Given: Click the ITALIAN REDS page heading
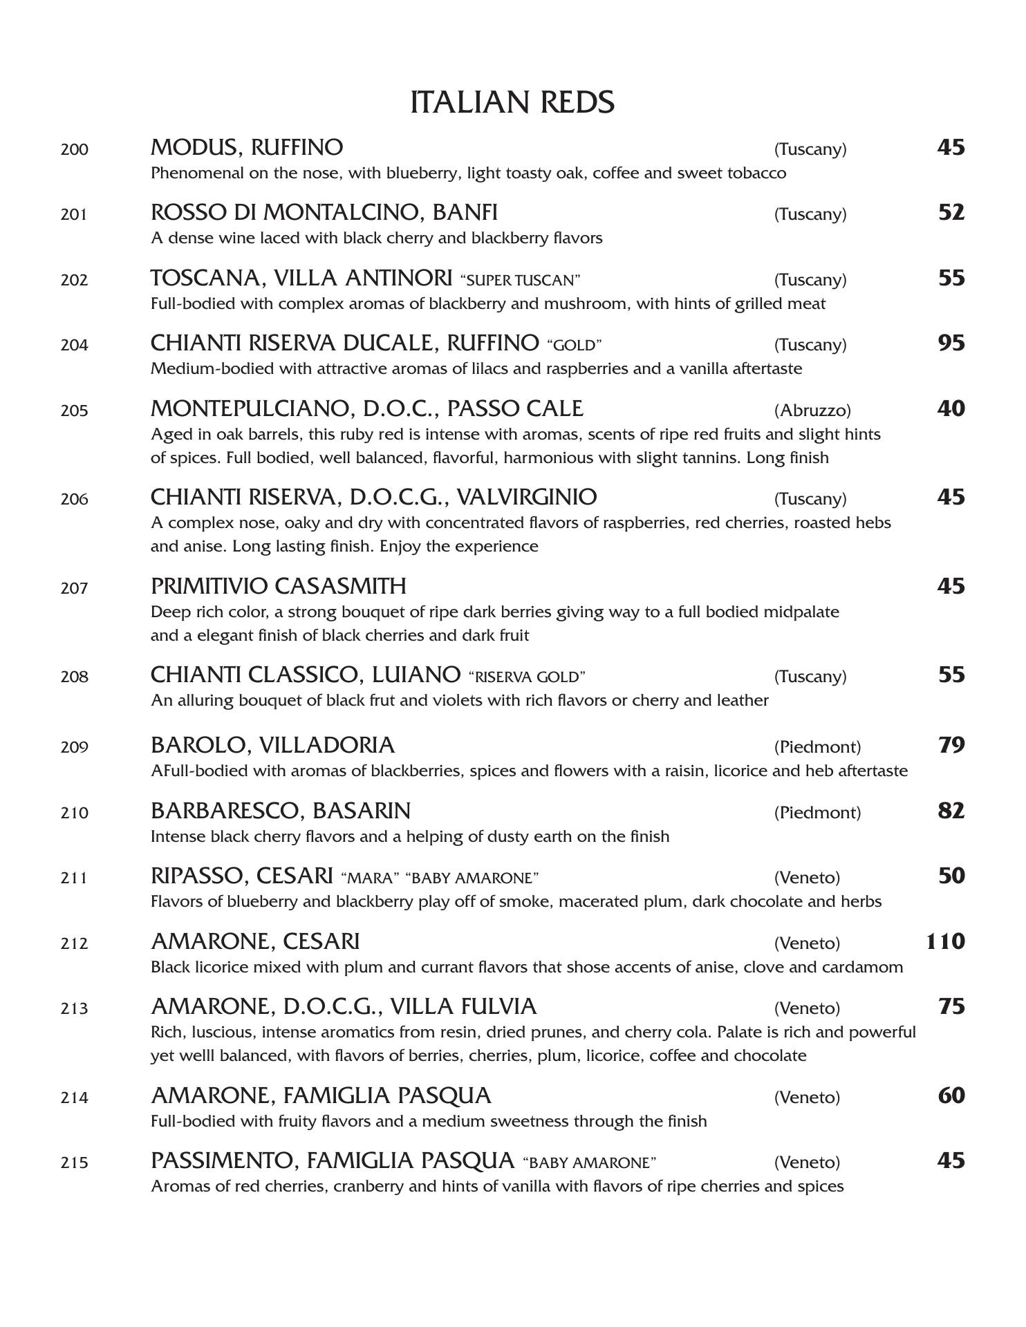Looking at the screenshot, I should [512, 102].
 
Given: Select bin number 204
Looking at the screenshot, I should [74, 345].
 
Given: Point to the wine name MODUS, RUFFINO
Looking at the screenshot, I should [247, 148].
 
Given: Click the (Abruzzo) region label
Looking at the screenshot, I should [812, 411].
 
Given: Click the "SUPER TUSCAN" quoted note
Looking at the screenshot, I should [520, 281].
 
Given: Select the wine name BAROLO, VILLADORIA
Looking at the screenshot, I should [272, 745].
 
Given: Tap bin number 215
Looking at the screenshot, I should [74, 1163].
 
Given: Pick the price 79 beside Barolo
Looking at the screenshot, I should [951, 745].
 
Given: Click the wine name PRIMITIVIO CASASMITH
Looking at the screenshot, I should [279, 586].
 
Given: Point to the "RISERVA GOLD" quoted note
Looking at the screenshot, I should [527, 677].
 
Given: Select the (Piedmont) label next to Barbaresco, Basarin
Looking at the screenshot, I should [817, 813].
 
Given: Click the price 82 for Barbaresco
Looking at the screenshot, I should [951, 811].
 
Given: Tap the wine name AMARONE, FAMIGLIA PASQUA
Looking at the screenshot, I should [321, 1096].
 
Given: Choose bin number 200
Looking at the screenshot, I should [74, 149].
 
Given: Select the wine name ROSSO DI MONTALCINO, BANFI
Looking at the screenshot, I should [324, 213].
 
